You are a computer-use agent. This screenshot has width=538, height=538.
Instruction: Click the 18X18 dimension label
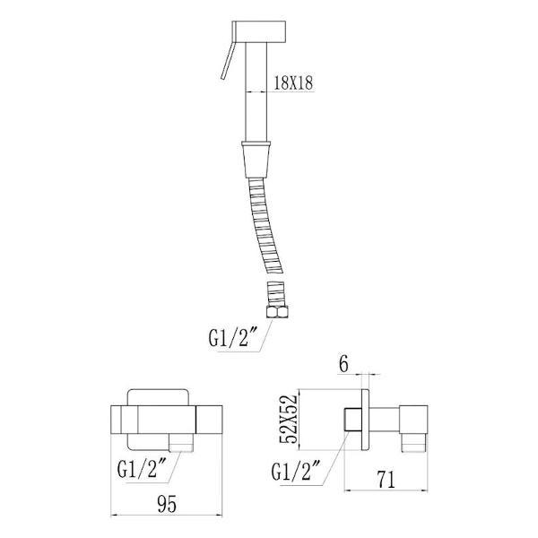click(293, 82)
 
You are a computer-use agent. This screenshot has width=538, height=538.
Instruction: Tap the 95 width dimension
click(167, 504)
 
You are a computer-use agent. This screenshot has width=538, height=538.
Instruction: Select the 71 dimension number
click(386, 480)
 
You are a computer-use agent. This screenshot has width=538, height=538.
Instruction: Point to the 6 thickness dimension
click(343, 364)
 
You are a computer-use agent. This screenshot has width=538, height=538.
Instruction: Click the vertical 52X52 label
click(288, 419)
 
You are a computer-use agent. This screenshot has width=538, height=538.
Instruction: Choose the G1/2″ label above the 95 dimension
click(142, 469)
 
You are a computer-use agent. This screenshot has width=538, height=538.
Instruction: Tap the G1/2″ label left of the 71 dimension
click(296, 471)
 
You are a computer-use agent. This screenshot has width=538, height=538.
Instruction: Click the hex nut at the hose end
click(278, 312)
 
